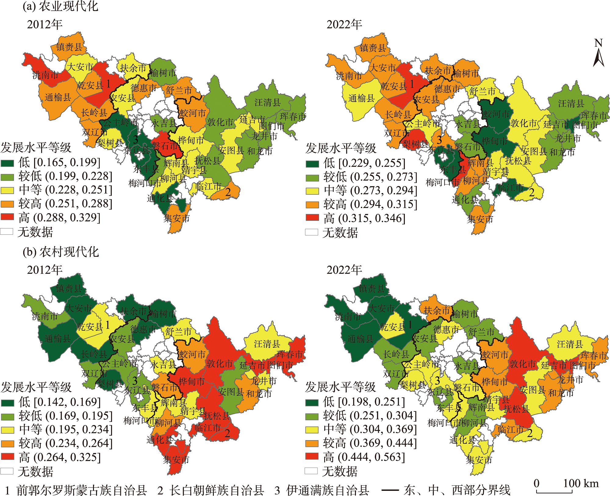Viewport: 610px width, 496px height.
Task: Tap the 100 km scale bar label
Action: coord(581,483)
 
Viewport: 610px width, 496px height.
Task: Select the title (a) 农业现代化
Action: coord(60,6)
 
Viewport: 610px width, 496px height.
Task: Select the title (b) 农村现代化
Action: coord(61,252)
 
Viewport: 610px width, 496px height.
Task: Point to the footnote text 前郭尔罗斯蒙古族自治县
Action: coord(81,490)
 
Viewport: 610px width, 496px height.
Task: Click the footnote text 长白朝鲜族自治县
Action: coord(217,490)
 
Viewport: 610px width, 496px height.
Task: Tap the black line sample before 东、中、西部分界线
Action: coord(390,490)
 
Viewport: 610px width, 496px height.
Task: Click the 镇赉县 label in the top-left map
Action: coord(69,47)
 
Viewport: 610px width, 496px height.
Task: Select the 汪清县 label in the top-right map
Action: coord(571,104)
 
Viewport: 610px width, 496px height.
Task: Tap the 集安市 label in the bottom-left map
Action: coord(176,459)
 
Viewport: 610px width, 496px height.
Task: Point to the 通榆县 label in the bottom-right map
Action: coord(361,339)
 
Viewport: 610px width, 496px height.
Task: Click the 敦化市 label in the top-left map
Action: coord(220,122)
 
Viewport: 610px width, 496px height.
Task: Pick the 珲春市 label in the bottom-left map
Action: coord(289,354)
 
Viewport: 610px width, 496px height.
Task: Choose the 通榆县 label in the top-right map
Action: coord(361,98)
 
